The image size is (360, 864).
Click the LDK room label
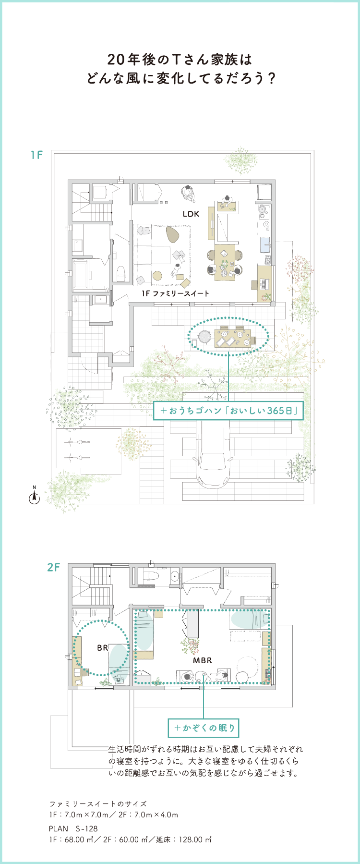click(x=191, y=214)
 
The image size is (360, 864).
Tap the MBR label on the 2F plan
click(x=203, y=660)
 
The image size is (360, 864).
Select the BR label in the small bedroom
click(x=102, y=648)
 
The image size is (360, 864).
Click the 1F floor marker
click(x=37, y=155)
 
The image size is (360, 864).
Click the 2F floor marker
click(x=54, y=567)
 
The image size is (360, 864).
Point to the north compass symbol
click(x=34, y=497)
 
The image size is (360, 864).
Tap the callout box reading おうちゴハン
click(x=228, y=411)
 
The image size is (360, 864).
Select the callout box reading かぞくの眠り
click(x=204, y=728)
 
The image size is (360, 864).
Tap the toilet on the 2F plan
click(x=151, y=574)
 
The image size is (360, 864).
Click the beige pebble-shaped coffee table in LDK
click(x=172, y=234)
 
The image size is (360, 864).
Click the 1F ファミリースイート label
click(x=175, y=293)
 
